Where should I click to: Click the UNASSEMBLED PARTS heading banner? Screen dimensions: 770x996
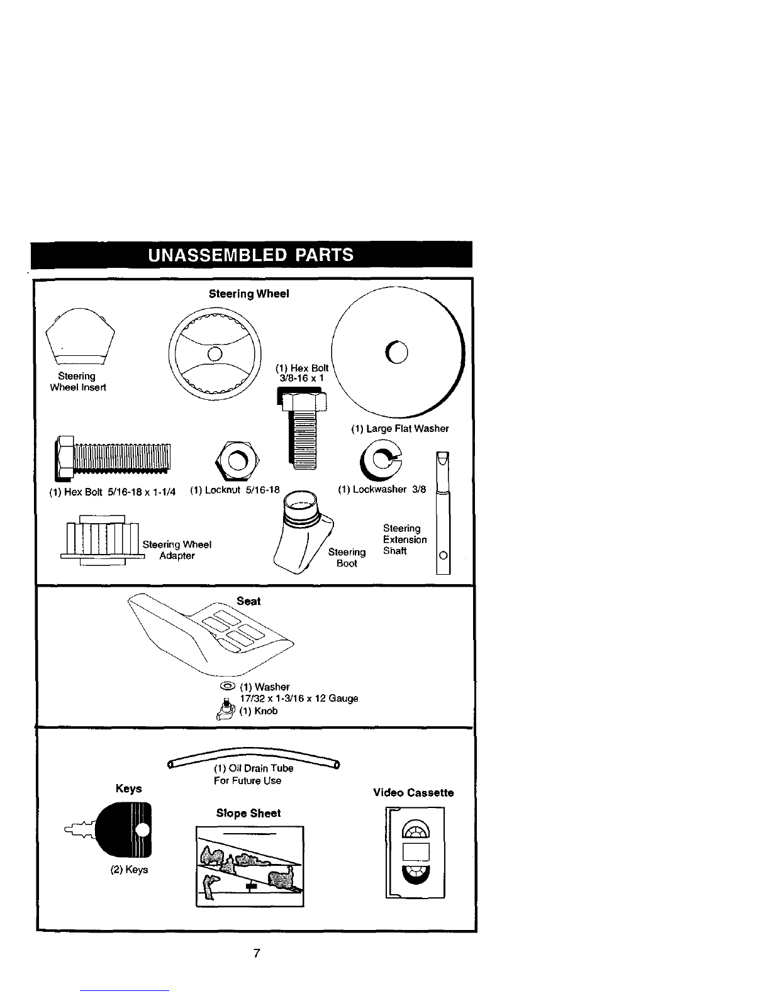[x=251, y=255]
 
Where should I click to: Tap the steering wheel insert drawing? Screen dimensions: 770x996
[x=80, y=336]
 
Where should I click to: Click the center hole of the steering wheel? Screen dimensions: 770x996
[x=215, y=354]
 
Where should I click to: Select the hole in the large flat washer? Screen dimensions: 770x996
[x=397, y=353]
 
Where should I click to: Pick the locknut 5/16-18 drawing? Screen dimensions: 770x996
[x=237, y=460]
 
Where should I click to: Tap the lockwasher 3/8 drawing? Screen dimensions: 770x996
[x=381, y=460]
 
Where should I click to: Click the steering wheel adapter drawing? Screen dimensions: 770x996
[x=103, y=540]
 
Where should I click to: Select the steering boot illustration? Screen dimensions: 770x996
[x=303, y=532]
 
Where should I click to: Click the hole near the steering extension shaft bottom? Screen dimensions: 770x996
[x=443, y=555]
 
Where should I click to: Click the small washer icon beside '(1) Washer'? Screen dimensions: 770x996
[x=228, y=686]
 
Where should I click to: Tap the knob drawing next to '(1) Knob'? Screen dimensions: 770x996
[x=226, y=710]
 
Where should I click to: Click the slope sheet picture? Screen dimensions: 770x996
[x=250, y=866]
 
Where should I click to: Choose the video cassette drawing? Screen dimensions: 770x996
[x=415, y=853]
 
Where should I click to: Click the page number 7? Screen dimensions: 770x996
[x=257, y=953]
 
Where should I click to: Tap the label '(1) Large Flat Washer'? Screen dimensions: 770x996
[x=400, y=429]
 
